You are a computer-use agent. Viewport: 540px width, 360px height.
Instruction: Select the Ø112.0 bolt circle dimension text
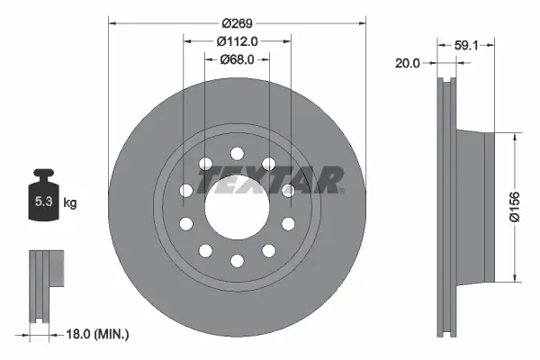point(238,40)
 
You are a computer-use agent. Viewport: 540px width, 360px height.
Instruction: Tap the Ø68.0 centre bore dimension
point(238,60)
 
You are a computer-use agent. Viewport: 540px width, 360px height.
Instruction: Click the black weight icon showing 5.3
point(42,197)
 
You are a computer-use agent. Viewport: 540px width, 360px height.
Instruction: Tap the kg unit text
point(70,203)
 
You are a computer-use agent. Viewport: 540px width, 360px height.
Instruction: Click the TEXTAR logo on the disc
point(270,180)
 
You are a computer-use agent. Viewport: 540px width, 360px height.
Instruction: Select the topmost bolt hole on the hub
point(237,154)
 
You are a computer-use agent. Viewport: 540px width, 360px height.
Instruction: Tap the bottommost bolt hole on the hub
point(237,261)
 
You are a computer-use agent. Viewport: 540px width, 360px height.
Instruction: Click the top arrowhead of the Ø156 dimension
point(514,138)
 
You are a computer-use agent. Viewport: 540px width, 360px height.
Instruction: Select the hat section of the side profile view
point(475,207)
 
